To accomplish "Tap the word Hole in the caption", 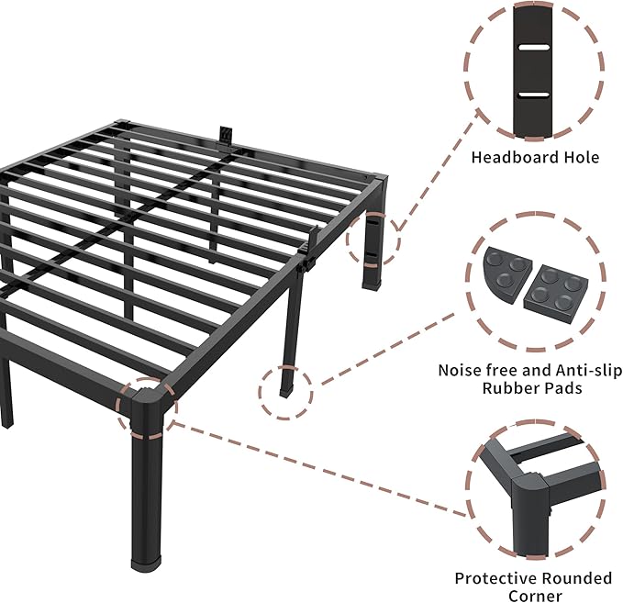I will coord(578,158).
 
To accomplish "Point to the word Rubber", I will coord(510,388).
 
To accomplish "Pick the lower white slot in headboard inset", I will coord(534,95).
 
